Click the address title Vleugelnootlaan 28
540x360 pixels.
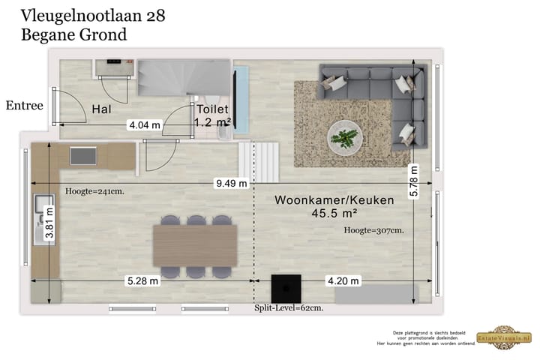(x=94, y=14)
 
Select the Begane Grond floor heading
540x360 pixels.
(x=74, y=34)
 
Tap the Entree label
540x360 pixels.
(x=24, y=106)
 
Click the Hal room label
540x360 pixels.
(x=102, y=109)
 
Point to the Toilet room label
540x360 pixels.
(x=212, y=109)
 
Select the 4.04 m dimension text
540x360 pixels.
(x=144, y=125)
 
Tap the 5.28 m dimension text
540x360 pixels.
(x=142, y=281)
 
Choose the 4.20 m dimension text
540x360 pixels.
(x=343, y=281)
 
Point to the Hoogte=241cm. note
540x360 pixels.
(x=94, y=190)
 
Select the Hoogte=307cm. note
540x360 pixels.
(x=373, y=230)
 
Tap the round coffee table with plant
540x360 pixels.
(x=344, y=137)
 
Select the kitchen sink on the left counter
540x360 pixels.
(x=40, y=213)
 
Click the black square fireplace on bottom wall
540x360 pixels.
(x=286, y=289)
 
